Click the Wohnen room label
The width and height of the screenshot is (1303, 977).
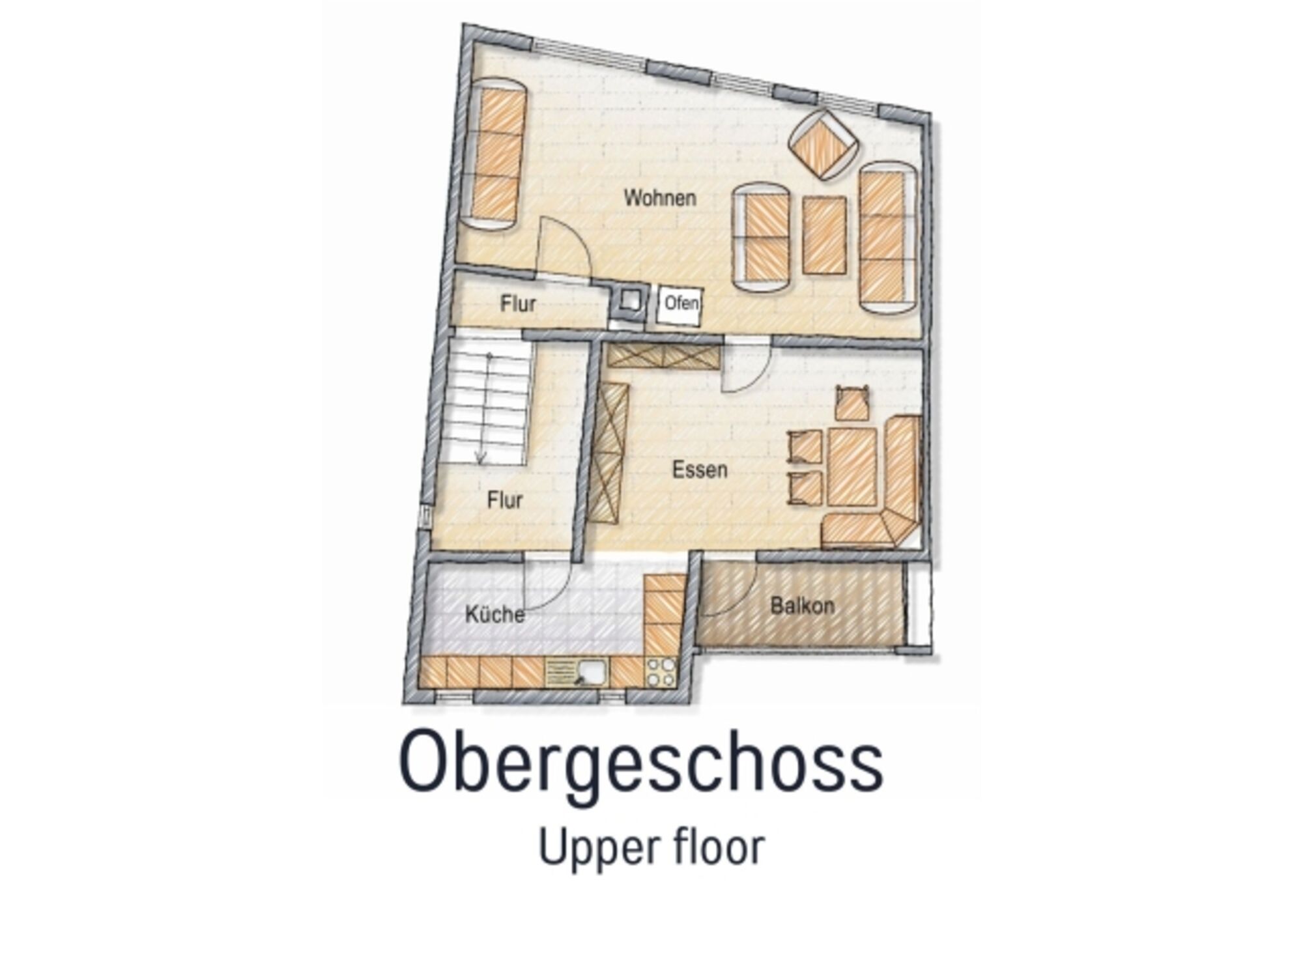659,198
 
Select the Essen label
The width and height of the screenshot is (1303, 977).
700,470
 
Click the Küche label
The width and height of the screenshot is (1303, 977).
495,614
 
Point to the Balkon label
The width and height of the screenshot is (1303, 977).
802,606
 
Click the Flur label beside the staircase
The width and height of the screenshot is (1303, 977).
505,500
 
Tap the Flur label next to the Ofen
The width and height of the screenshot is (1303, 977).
518,304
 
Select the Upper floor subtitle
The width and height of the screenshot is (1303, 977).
651,847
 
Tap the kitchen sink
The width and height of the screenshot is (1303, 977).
576,672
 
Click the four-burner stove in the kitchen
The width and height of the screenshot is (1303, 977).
661,672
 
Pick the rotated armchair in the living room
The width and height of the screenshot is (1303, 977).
823,145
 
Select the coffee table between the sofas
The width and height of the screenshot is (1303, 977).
824,235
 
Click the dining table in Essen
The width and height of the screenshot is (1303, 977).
852,467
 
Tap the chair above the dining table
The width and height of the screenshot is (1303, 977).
853,404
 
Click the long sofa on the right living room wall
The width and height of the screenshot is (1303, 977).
888,238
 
